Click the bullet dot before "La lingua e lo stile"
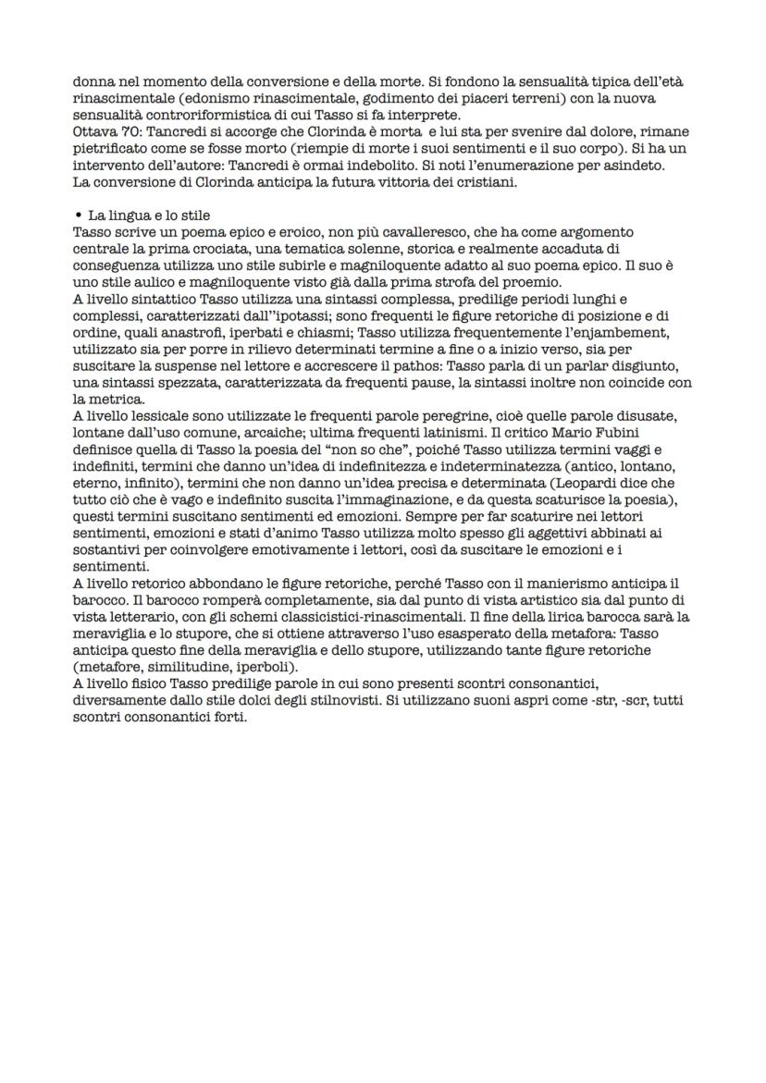click(77, 215)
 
